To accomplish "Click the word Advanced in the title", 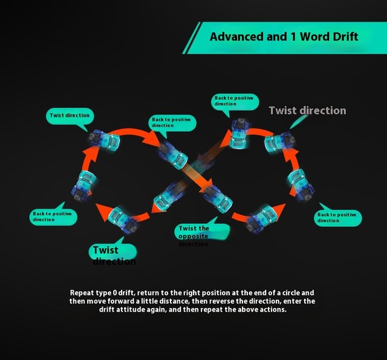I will (x=236, y=37).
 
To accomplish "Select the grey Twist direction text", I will (x=307, y=111).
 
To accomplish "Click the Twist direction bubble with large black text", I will (x=114, y=255).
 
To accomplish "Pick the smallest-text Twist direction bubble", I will (x=70, y=116).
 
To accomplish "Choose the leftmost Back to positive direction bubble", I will (x=53, y=217).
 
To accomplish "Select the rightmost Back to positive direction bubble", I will (x=337, y=217).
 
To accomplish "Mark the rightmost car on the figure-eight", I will (x=301, y=184).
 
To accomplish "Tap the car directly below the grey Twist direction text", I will (x=279, y=142).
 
